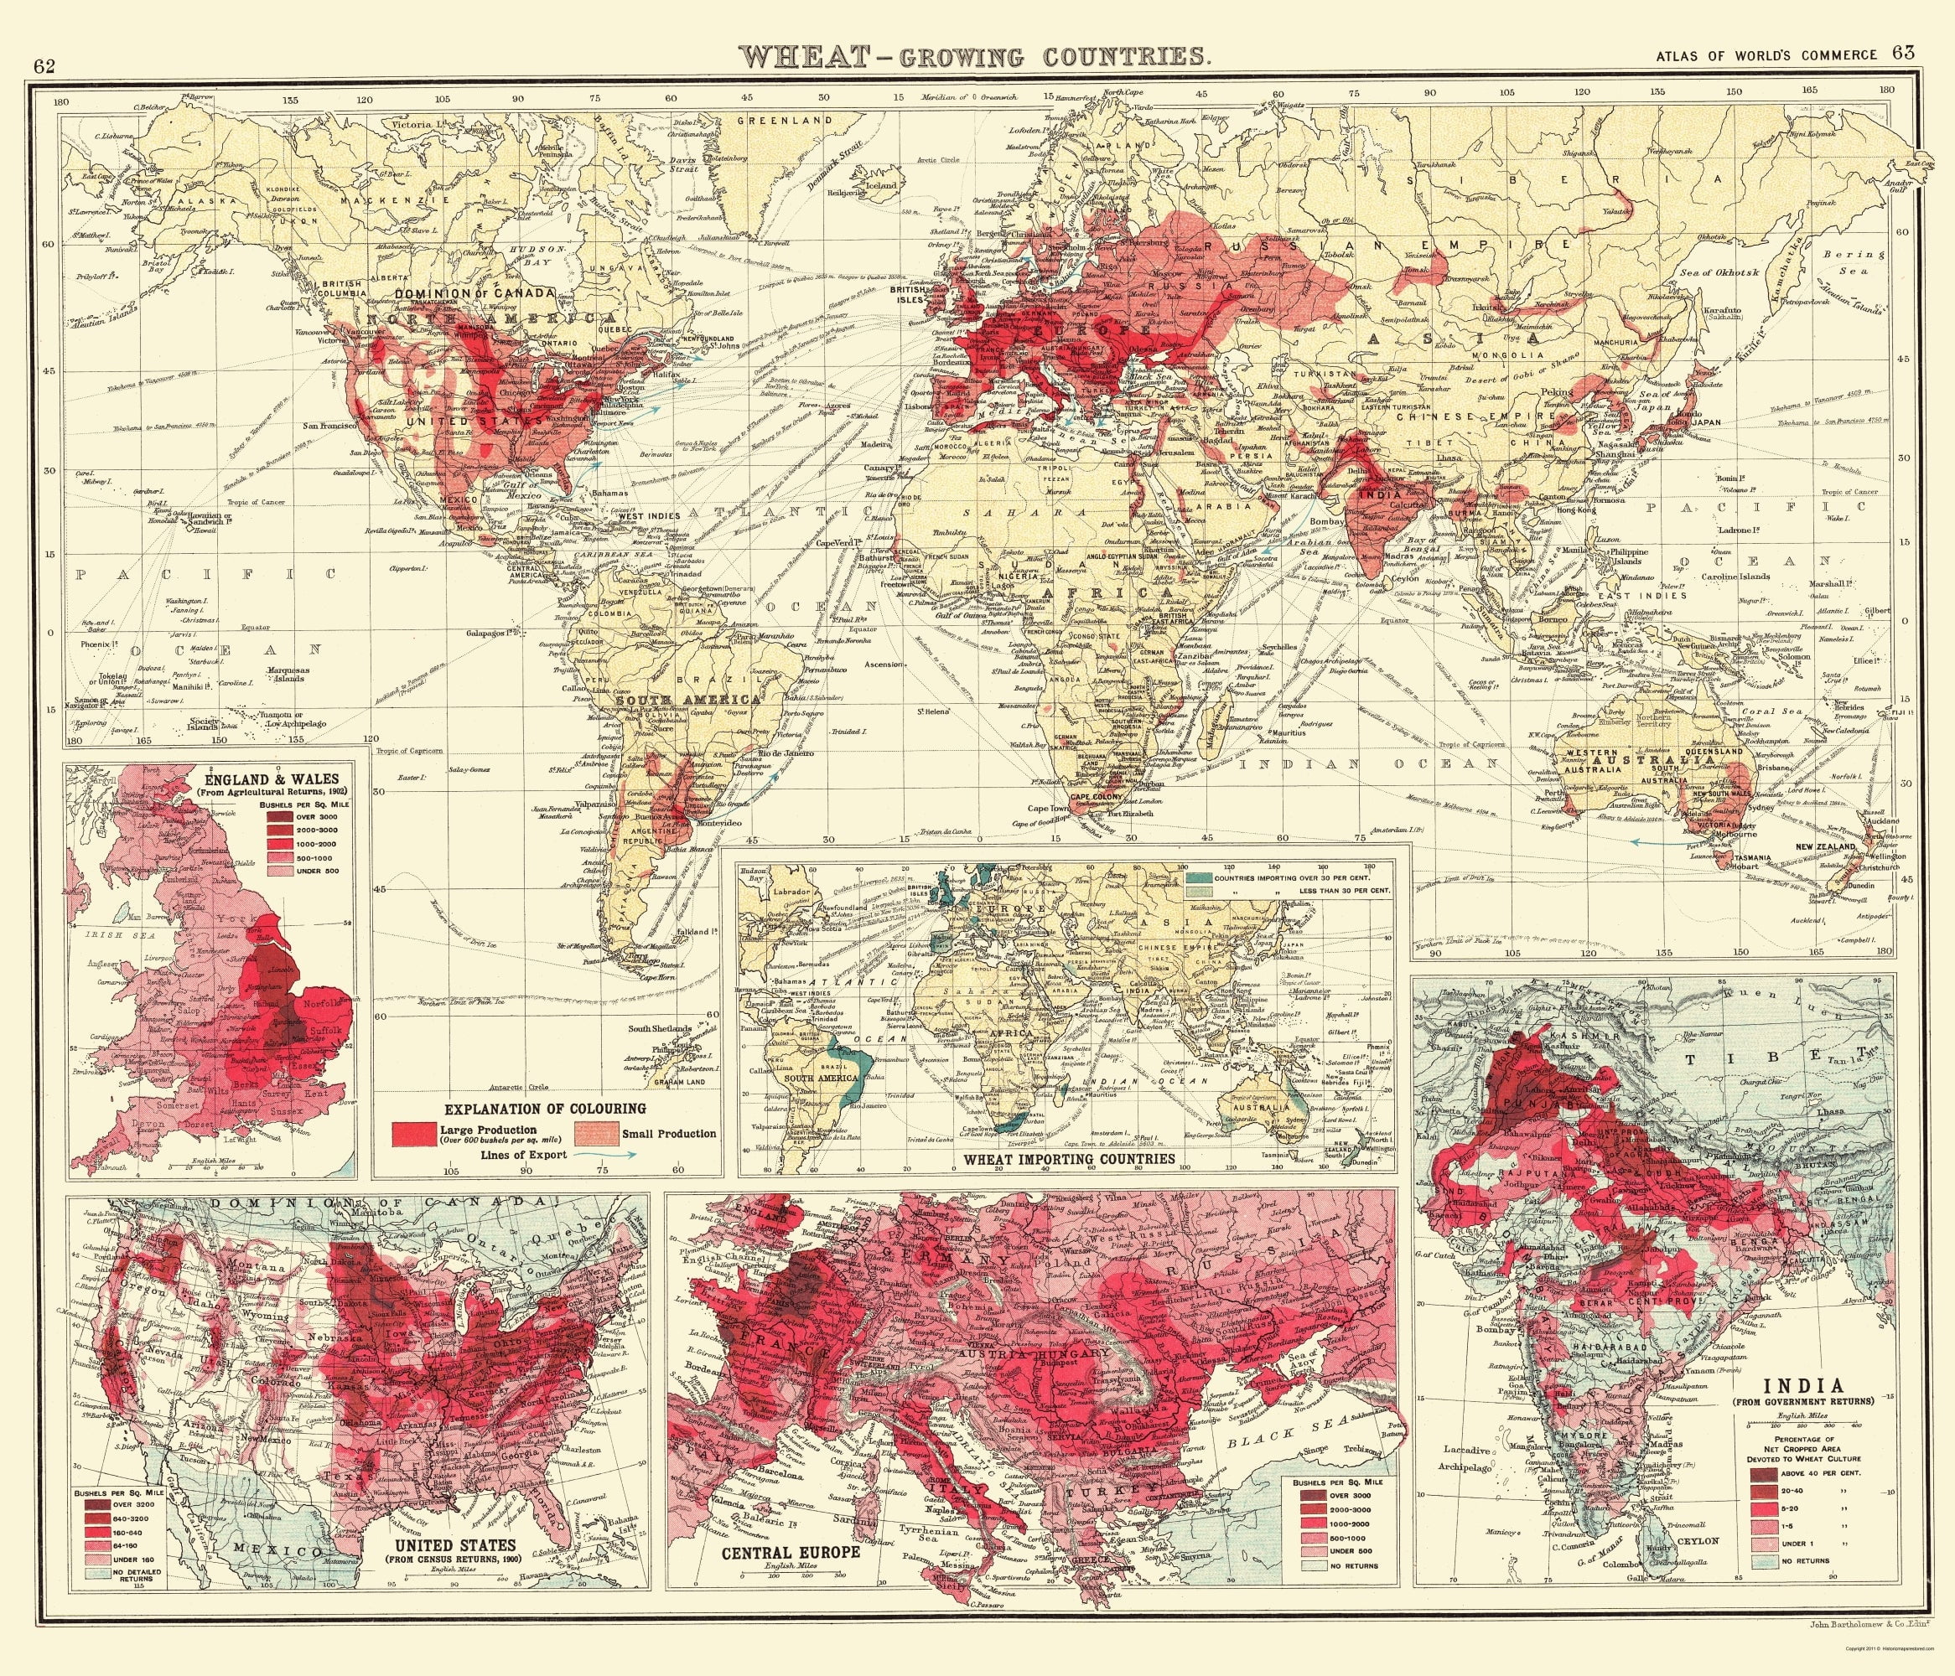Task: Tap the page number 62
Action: [x=44, y=66]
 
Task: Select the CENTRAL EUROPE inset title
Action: [x=791, y=1551]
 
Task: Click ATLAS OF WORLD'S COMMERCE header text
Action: [x=1766, y=54]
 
